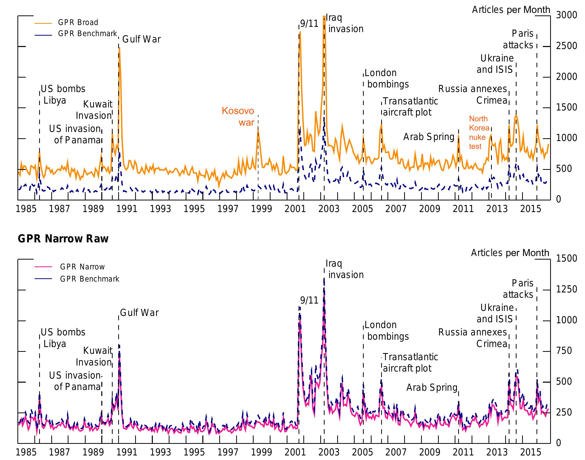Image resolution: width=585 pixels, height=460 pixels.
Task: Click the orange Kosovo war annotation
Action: click(x=238, y=116)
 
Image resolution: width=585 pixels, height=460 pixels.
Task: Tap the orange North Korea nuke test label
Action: click(x=479, y=132)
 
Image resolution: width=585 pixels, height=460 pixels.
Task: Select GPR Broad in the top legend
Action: click(x=78, y=22)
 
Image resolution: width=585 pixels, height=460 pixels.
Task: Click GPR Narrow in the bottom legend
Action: click(x=82, y=267)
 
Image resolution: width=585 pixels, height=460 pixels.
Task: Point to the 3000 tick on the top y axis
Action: click(x=566, y=15)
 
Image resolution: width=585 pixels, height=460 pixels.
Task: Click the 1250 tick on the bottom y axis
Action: click(x=566, y=289)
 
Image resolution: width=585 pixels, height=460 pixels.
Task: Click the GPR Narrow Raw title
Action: click(x=63, y=239)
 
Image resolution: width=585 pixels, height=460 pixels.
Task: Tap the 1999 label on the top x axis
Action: click(x=261, y=209)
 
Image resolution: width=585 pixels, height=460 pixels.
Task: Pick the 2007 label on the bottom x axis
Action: click(x=396, y=452)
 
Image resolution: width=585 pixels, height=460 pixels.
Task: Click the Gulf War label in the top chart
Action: click(x=141, y=39)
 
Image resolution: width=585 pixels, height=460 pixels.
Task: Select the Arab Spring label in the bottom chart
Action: click(x=432, y=387)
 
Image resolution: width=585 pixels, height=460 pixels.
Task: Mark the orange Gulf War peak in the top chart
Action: click(x=119, y=48)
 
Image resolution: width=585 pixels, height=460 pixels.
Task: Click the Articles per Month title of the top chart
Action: click(x=511, y=10)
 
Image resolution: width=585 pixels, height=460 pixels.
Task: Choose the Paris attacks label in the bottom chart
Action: click(x=518, y=289)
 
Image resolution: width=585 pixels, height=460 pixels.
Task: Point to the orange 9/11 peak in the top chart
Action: click(x=300, y=32)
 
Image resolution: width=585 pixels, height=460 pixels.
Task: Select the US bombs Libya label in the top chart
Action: click(x=63, y=94)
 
